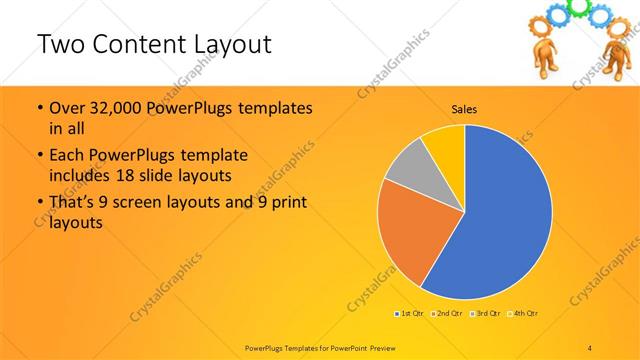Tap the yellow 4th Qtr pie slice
444,144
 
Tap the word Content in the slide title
139,45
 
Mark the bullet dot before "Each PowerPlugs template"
39,157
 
